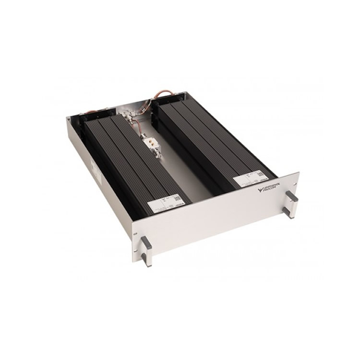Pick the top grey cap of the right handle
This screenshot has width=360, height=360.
(292, 197)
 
